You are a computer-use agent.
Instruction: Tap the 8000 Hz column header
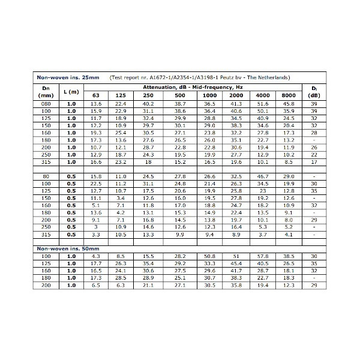[289, 95]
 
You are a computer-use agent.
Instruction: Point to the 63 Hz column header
[96, 95]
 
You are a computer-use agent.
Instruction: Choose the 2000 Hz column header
[236, 95]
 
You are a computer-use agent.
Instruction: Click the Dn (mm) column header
[46, 91]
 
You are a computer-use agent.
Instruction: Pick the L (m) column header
[71, 91]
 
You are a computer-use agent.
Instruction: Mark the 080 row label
[46, 104]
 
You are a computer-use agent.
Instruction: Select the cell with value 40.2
[148, 104]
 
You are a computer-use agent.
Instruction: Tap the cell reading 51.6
[263, 104]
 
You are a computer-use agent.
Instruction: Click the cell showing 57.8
[263, 256]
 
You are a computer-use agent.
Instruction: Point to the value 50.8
[209, 256]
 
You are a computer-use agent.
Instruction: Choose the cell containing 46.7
[263, 176]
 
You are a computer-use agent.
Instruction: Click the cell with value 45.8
[289, 104]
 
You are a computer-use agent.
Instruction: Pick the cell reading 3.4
[121, 198]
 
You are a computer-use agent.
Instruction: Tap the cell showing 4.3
[96, 256]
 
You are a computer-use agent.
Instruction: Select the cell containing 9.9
[180, 234]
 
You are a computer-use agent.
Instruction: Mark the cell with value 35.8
[236, 284]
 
